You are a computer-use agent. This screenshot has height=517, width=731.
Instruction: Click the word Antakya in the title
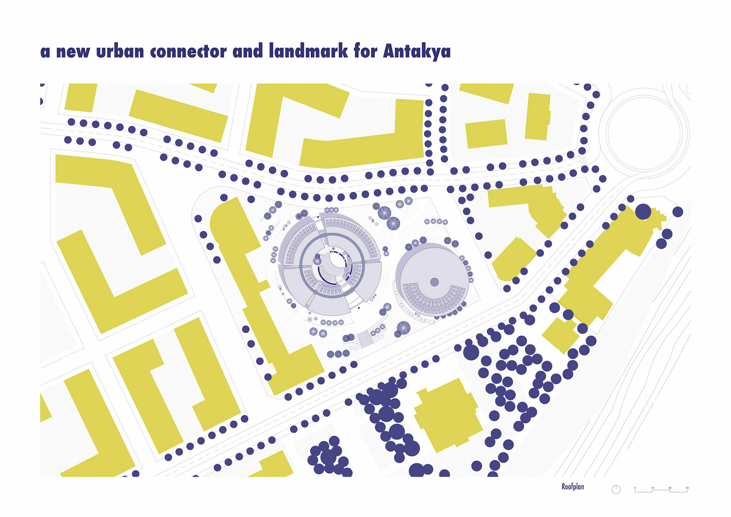tap(417, 51)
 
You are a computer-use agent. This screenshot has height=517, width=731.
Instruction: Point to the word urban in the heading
tap(120, 51)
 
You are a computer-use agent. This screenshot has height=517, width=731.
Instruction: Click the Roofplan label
tap(573, 487)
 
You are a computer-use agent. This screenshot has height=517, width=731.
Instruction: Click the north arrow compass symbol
tap(616, 490)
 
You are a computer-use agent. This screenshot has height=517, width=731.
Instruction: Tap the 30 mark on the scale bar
tap(687, 488)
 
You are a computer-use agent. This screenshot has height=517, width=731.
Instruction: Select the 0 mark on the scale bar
tap(635, 488)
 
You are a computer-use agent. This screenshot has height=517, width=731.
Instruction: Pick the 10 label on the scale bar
tap(653, 488)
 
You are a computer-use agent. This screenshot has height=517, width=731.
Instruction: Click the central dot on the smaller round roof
tap(434, 282)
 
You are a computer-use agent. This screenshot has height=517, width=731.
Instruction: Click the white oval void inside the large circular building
tap(336, 259)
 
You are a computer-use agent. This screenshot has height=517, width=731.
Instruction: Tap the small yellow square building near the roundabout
tap(486, 134)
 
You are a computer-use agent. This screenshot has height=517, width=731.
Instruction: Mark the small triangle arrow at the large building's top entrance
tap(318, 218)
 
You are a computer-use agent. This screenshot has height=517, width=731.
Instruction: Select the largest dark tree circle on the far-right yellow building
tap(643, 211)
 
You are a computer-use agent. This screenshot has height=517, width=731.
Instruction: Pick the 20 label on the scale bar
tap(670, 488)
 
